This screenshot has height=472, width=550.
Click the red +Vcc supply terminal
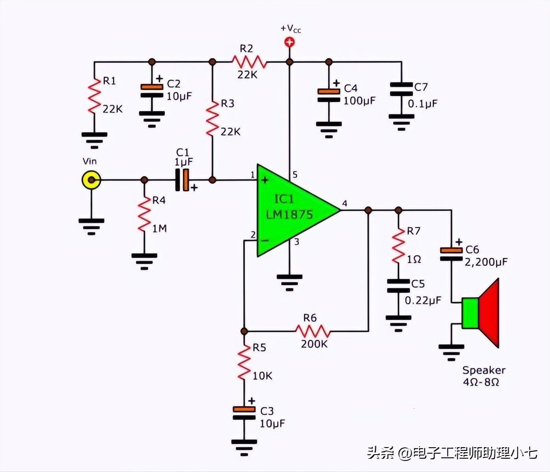[x=289, y=43]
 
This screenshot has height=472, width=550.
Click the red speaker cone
[x=489, y=313]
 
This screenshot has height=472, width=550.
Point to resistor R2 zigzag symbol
[x=249, y=62]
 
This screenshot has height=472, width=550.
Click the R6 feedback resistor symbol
[x=312, y=330]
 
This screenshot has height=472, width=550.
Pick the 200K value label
[x=314, y=344]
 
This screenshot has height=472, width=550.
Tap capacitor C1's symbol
[x=182, y=180]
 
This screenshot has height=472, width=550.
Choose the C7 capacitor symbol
[x=401, y=89]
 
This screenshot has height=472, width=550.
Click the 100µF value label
[x=359, y=101]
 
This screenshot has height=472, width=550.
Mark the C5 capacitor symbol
[x=398, y=286]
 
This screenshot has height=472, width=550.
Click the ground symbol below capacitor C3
[x=244, y=445]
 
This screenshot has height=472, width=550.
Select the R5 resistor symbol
[x=244, y=362]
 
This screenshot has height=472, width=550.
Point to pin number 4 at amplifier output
[x=345, y=204]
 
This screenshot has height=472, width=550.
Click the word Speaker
[x=483, y=370]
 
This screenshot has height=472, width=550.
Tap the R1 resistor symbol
[x=94, y=96]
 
